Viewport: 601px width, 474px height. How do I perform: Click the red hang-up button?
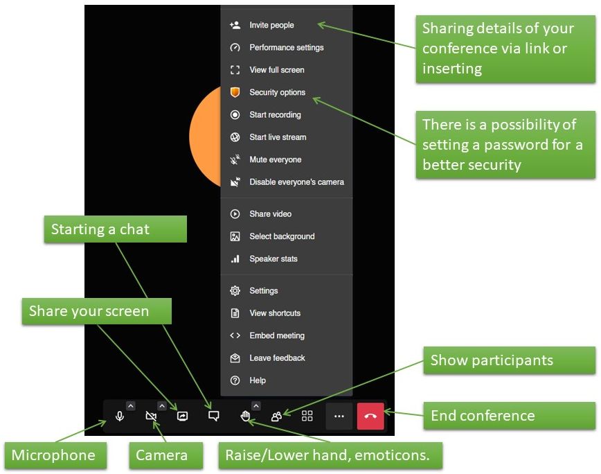(370, 416)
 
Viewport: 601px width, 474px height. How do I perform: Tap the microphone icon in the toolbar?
(120, 416)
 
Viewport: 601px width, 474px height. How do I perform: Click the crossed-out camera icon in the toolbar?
(151, 416)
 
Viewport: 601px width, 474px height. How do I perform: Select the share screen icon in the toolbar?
(183, 416)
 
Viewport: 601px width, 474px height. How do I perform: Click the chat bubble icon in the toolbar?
(213, 416)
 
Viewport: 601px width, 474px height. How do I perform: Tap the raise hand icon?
(245, 416)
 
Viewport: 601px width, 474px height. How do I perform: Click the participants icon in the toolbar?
(276, 416)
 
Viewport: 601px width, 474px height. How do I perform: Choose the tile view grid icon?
(307, 416)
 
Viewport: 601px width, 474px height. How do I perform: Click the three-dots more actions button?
(339, 416)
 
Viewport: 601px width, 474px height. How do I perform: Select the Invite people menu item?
(271, 26)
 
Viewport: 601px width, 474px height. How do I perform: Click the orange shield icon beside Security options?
(235, 92)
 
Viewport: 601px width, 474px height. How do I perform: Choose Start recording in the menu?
(275, 114)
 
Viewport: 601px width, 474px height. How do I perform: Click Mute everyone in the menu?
(275, 159)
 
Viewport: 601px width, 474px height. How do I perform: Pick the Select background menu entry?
(282, 236)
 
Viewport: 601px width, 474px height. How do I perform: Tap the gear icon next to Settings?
(235, 290)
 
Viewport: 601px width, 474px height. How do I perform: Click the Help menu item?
(258, 380)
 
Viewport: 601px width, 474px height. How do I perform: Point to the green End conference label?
(510, 416)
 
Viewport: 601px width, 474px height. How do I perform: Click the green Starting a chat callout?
(116, 229)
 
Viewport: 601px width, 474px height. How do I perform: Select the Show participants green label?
(510, 360)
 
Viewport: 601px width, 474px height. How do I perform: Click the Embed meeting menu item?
(277, 335)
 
